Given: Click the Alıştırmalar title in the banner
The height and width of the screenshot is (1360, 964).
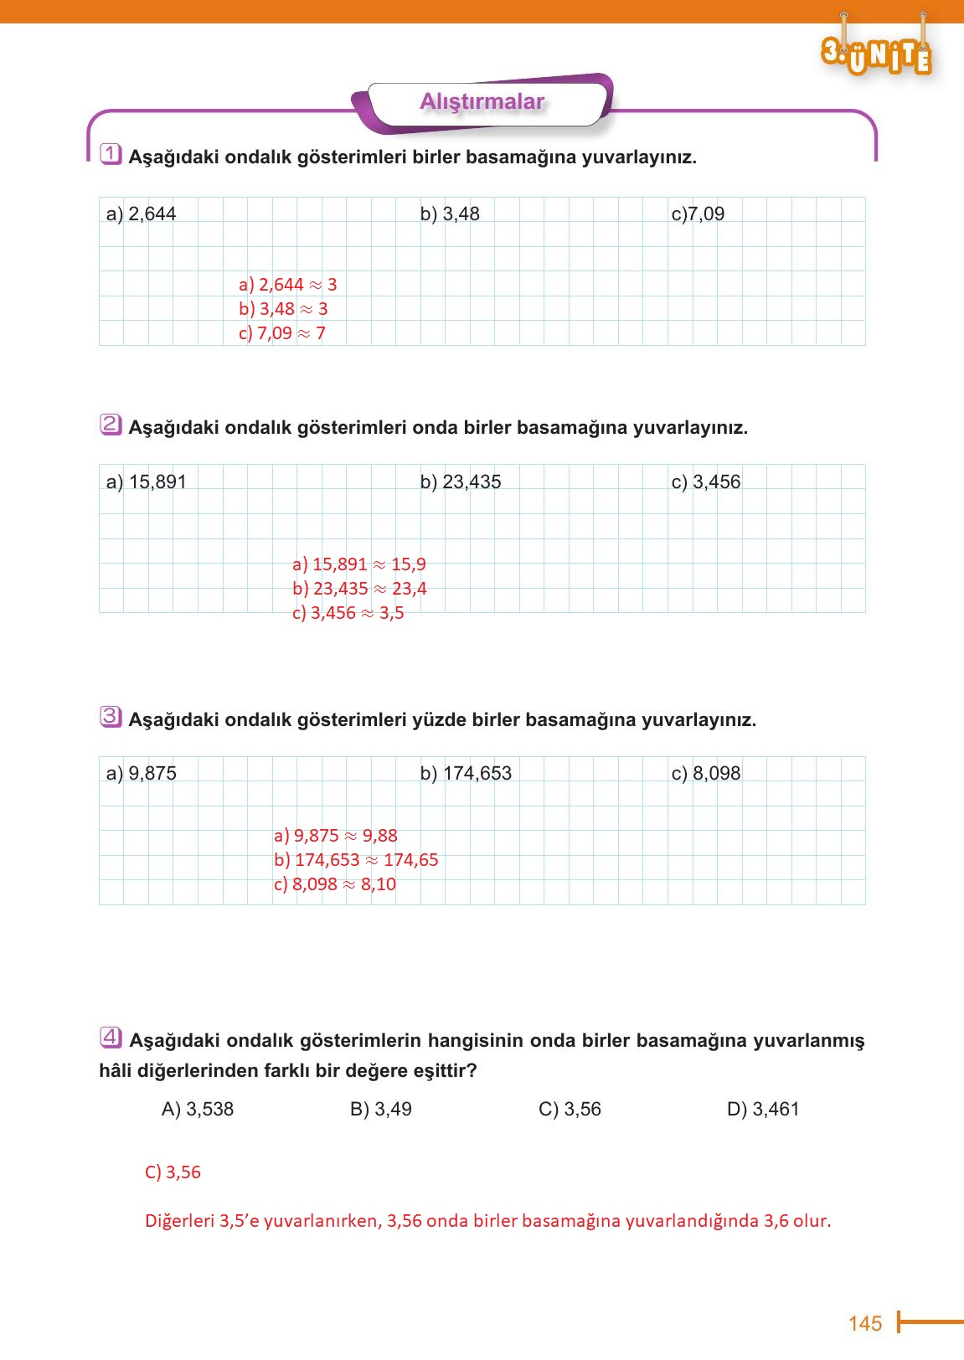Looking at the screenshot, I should (482, 102).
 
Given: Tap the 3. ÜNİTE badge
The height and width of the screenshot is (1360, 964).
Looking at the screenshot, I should (876, 54).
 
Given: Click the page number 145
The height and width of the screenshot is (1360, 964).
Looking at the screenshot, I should (864, 1323).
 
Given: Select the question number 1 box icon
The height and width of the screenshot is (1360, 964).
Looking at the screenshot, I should (111, 155).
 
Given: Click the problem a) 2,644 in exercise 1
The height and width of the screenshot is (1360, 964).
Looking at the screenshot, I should (141, 214).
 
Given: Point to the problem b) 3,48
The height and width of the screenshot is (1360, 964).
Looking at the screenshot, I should (450, 214).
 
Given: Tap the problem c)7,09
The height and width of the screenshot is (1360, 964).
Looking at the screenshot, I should (698, 214).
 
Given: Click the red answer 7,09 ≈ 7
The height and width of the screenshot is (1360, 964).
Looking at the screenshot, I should (281, 333).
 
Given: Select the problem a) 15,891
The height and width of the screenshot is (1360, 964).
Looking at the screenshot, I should (146, 482).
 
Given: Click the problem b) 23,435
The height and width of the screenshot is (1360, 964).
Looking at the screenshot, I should (461, 482).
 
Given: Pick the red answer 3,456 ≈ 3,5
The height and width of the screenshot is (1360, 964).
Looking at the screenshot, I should (348, 613).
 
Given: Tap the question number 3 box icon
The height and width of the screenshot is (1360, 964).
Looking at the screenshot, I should (111, 717).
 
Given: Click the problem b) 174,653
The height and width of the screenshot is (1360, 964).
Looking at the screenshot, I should (466, 774).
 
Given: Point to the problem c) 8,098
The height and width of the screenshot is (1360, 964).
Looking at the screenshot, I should (706, 774).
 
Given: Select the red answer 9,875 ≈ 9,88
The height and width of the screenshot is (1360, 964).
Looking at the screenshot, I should (335, 836).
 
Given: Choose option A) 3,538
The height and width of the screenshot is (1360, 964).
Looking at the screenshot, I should (198, 1110).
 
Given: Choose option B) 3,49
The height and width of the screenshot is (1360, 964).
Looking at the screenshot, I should (381, 1110).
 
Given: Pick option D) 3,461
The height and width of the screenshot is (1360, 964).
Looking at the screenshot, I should (763, 1110).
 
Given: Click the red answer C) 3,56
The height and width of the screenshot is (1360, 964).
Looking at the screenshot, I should (173, 1172).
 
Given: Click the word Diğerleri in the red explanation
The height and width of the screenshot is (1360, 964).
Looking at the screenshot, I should (180, 1221).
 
